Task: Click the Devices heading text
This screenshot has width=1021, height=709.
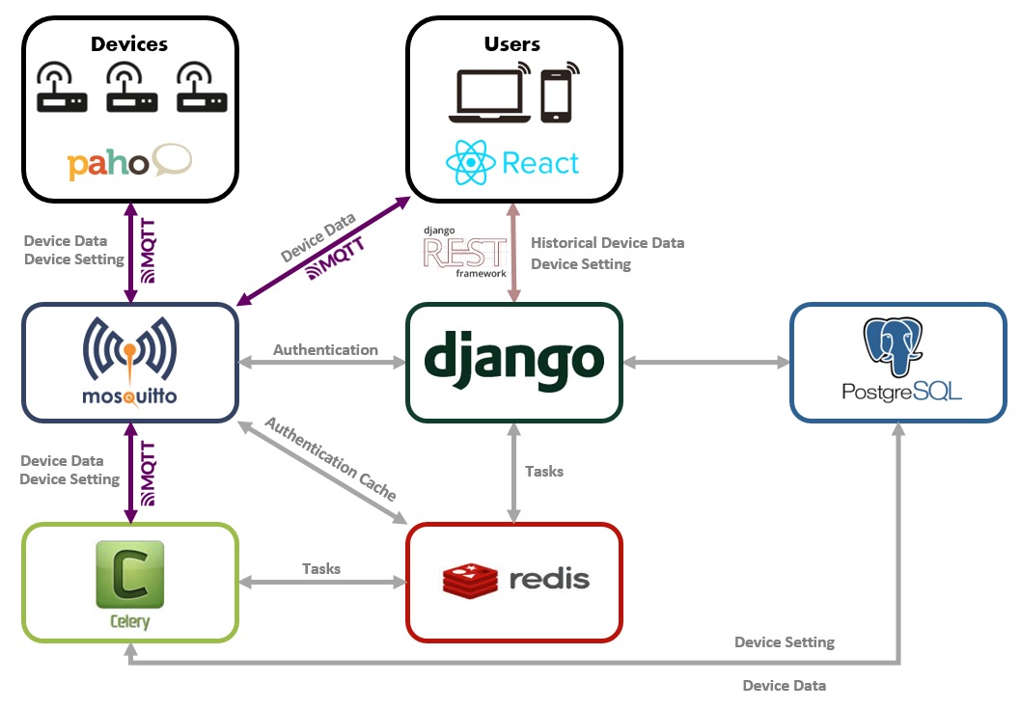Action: pyautogui.click(x=129, y=43)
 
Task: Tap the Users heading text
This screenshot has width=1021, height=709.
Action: pyautogui.click(x=511, y=43)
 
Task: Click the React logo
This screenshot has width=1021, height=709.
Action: pyautogui.click(x=512, y=162)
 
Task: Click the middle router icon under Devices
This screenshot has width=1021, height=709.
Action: pyautogui.click(x=130, y=89)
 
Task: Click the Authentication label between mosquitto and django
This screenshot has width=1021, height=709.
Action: pyautogui.click(x=325, y=349)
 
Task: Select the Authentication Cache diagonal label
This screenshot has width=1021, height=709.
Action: pyautogui.click(x=330, y=458)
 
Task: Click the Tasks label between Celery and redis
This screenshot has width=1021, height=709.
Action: pyautogui.click(x=321, y=568)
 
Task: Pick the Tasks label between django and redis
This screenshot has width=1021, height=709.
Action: pyautogui.click(x=544, y=471)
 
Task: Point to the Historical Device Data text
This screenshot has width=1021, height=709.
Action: pyautogui.click(x=607, y=243)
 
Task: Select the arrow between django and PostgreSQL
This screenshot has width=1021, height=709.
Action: pyautogui.click(x=705, y=363)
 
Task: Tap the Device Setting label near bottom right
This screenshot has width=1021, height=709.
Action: pyautogui.click(x=784, y=641)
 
